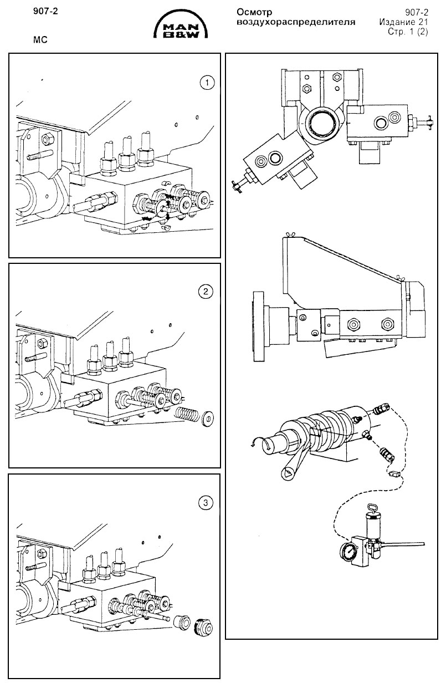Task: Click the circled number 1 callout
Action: click(x=206, y=83)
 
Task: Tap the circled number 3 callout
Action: click(x=206, y=503)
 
